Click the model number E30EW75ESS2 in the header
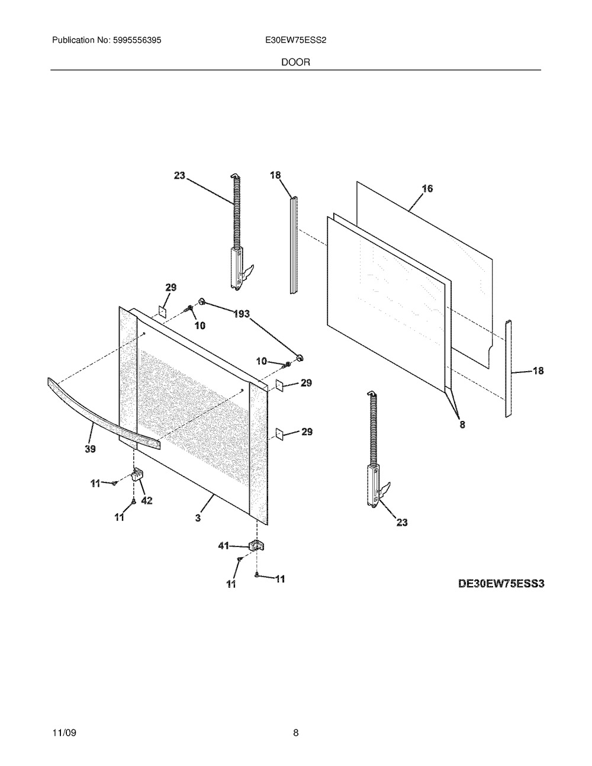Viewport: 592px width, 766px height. [x=295, y=41]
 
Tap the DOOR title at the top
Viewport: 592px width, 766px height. [x=295, y=62]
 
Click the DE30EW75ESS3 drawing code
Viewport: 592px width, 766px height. [x=501, y=583]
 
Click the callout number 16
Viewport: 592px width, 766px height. [x=427, y=188]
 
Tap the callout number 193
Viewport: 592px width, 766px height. [x=241, y=314]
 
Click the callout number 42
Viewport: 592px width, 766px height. [x=146, y=500]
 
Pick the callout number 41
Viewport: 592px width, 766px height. [x=224, y=546]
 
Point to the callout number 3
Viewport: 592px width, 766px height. [x=198, y=518]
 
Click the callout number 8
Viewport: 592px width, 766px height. [x=462, y=424]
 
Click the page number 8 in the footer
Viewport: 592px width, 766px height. [x=295, y=733]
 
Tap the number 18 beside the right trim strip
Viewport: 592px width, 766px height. [x=538, y=371]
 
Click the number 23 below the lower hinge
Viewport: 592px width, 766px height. [x=401, y=522]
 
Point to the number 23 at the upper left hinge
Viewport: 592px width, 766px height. [x=179, y=175]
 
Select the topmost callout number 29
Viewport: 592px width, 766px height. [x=170, y=288]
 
